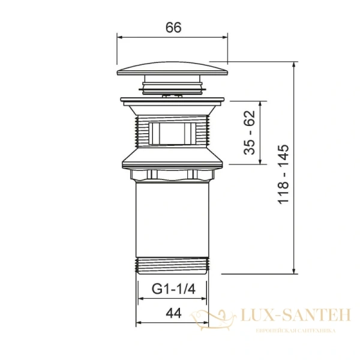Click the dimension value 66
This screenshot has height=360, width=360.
[173, 28]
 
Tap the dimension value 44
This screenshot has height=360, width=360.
[173, 313]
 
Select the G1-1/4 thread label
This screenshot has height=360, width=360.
[173, 289]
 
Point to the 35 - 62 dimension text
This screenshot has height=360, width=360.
[250, 133]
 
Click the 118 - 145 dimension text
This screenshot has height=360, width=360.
[283, 174]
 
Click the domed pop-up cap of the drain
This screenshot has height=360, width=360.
[172, 68]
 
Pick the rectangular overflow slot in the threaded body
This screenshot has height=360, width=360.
[172, 134]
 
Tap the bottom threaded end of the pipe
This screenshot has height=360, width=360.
[172, 266]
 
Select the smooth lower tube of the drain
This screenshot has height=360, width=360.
[172, 220]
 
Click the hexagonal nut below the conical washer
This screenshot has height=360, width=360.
[172, 175]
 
